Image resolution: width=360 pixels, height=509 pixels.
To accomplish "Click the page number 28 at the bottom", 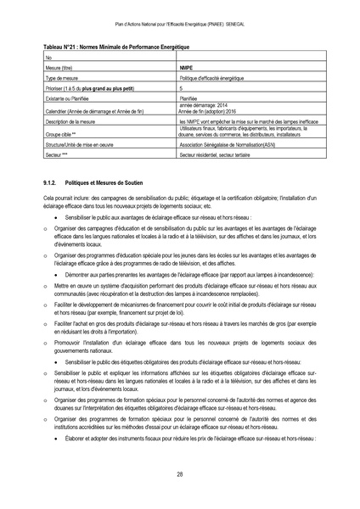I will click(x=180, y=474).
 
